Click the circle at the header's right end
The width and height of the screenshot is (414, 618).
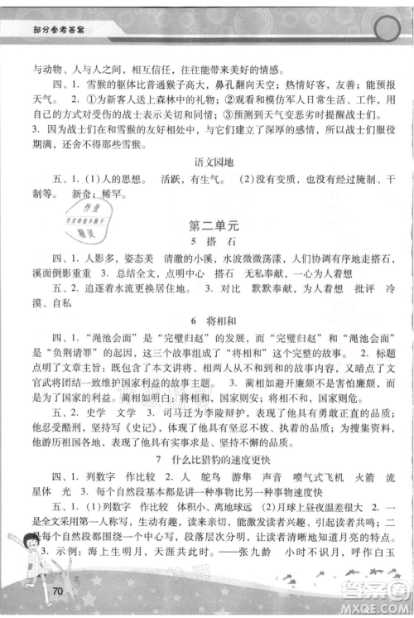tap(386, 31)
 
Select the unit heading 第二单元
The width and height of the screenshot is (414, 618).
tap(207, 225)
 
